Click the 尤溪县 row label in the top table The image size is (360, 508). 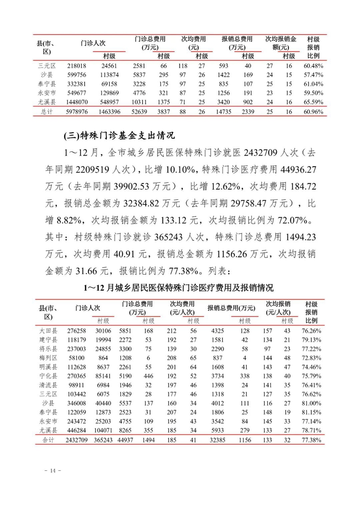(46, 103)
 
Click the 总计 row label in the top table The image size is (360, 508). (46, 111)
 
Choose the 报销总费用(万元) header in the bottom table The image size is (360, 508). (231, 308)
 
